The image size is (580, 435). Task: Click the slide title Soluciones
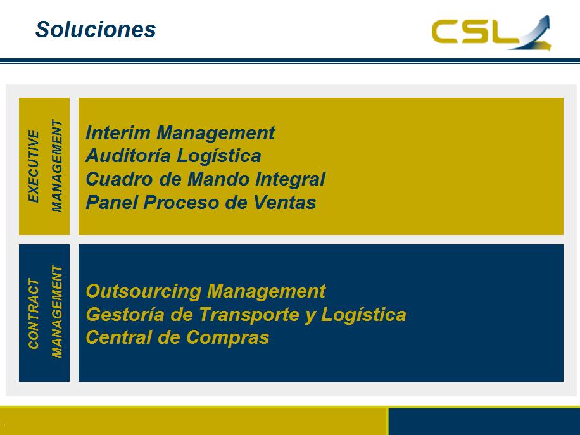(x=96, y=30)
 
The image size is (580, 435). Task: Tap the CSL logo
(x=491, y=32)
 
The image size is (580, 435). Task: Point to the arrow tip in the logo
(x=548, y=17)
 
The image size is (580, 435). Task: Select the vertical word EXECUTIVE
(x=34, y=166)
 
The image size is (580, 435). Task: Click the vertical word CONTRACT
(x=34, y=313)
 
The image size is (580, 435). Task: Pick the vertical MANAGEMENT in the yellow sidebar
(x=56, y=166)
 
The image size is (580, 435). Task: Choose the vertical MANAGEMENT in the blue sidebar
(x=56, y=312)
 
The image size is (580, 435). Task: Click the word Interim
(x=118, y=133)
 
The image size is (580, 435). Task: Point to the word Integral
(x=291, y=180)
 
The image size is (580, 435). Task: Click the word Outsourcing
(x=144, y=291)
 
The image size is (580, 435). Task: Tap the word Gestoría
(x=125, y=315)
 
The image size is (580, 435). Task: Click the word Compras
(x=228, y=338)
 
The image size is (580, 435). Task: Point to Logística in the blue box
(x=363, y=315)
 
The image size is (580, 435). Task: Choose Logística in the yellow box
(x=218, y=156)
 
